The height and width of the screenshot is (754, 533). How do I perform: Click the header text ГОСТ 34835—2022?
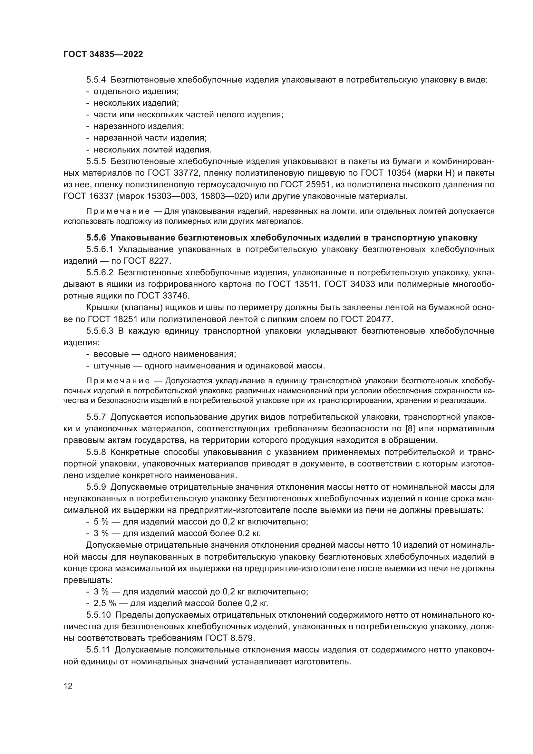pos(103,54)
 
